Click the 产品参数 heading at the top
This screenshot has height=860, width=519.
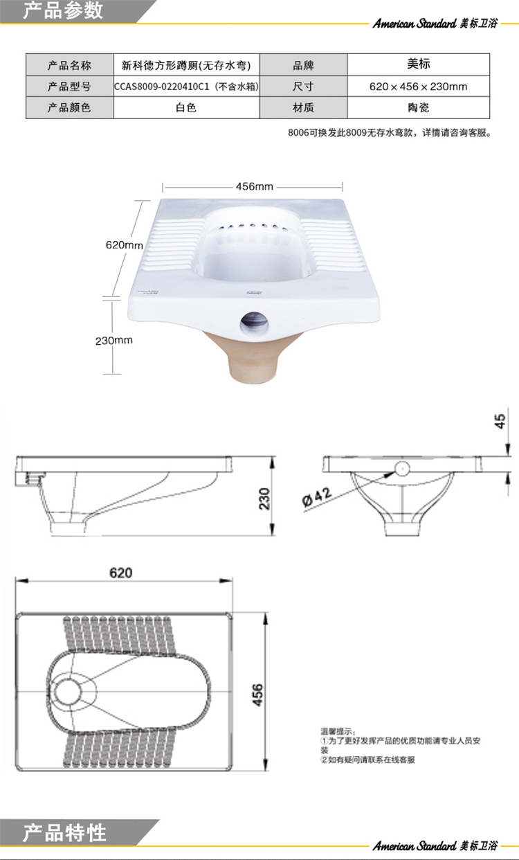tap(62, 10)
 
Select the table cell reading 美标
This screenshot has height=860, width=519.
tap(419, 64)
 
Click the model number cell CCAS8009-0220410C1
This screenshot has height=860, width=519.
tap(186, 87)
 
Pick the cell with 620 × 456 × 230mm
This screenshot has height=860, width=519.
tap(419, 87)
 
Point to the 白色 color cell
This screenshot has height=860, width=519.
tap(186, 107)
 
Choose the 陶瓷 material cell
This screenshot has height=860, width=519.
tap(419, 107)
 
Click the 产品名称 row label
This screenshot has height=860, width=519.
tap(69, 65)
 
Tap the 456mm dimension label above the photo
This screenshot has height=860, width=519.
tap(255, 186)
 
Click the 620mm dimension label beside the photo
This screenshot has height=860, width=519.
tap(125, 245)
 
